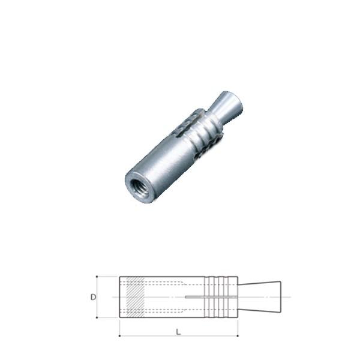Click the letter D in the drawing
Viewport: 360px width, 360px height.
click(x=93, y=297)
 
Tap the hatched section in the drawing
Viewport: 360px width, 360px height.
click(x=133, y=296)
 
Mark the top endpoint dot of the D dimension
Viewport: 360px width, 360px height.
click(x=98, y=277)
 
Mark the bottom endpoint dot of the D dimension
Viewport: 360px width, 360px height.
click(x=98, y=317)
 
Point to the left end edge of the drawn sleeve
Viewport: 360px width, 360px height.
click(x=120, y=296)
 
